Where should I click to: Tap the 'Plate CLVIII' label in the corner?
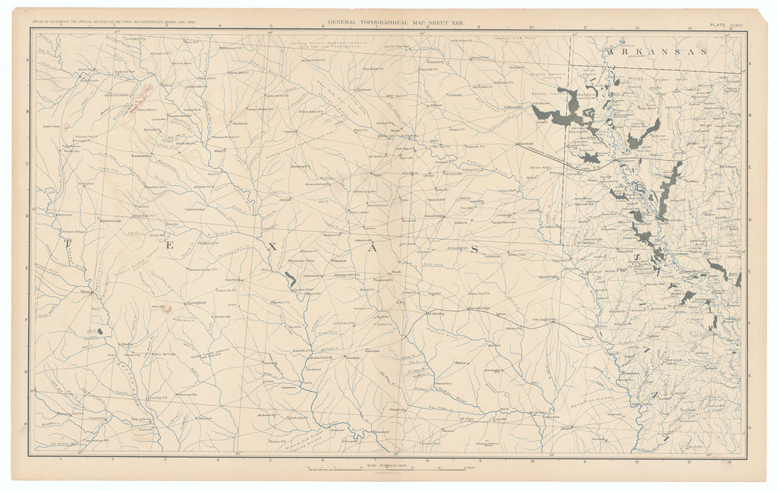coord(728,25)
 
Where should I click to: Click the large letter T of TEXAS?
coord(68,244)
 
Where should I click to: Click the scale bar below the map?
coord(388,470)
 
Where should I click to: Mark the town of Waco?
coord(87,290)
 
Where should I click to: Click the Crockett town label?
coord(351,357)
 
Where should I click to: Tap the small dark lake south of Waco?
coord(100,332)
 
